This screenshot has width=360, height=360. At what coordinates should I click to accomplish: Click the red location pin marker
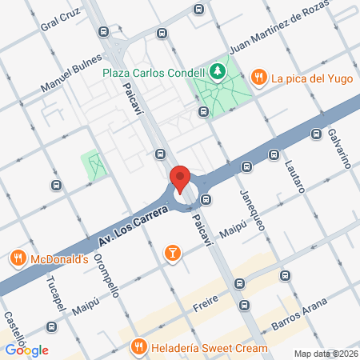point(180,178)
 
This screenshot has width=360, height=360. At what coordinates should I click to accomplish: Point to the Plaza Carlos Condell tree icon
point(218,71)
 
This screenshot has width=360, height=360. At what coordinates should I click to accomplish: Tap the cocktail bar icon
point(171,254)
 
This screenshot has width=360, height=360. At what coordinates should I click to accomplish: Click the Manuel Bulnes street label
point(73,73)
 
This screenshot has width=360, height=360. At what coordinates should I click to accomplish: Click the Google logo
point(27,350)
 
